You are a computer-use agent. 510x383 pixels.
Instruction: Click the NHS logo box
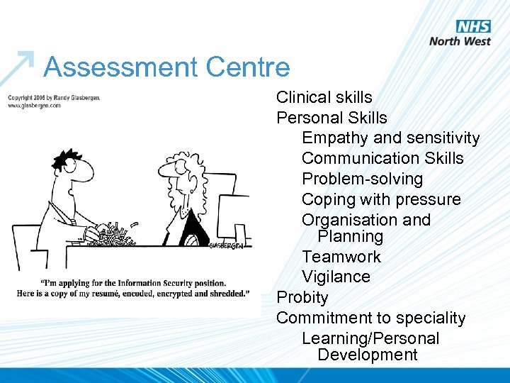pyautogui.click(x=473, y=26)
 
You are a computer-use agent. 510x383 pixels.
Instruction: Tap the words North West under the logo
pyautogui.click(x=460, y=40)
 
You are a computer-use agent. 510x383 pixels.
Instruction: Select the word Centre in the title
pyautogui.click(x=248, y=67)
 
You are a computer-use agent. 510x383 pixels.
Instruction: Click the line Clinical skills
pyautogui.click(x=324, y=97)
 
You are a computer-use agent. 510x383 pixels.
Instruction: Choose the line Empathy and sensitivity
pyautogui.click(x=390, y=138)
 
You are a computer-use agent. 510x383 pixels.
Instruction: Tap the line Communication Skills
pyautogui.click(x=382, y=158)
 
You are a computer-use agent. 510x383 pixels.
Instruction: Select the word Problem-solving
pyautogui.click(x=362, y=179)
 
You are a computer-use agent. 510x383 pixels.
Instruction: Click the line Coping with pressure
pyautogui.click(x=381, y=199)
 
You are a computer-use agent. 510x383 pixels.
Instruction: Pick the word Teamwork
pyautogui.click(x=341, y=257)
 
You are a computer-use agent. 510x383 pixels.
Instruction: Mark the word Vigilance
pyautogui.click(x=336, y=277)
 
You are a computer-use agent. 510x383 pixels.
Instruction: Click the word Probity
pyautogui.click(x=302, y=297)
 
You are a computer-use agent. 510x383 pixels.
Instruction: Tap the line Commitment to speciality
pyautogui.click(x=370, y=318)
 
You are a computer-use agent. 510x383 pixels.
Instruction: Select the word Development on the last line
pyautogui.click(x=368, y=355)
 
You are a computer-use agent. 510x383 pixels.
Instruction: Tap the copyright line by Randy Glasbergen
pyautogui.click(x=54, y=97)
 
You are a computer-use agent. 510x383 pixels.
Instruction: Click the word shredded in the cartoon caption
pyautogui.click(x=225, y=293)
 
